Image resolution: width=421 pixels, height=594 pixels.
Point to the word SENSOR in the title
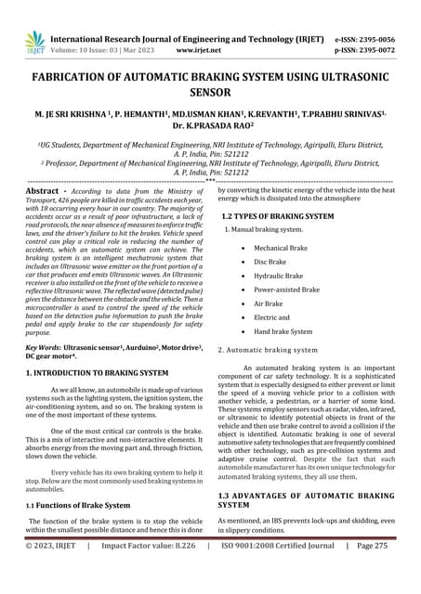(x=210, y=94)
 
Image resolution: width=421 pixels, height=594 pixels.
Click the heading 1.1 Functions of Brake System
(x=78, y=505)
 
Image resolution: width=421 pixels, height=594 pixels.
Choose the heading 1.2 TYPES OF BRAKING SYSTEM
(x=278, y=215)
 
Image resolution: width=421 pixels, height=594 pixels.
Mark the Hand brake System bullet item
(x=283, y=330)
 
